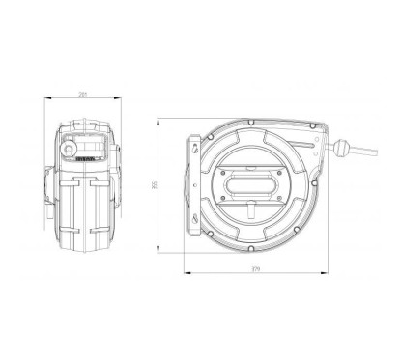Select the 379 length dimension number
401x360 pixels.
254,268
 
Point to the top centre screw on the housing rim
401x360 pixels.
250,122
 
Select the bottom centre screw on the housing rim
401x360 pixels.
250,247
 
